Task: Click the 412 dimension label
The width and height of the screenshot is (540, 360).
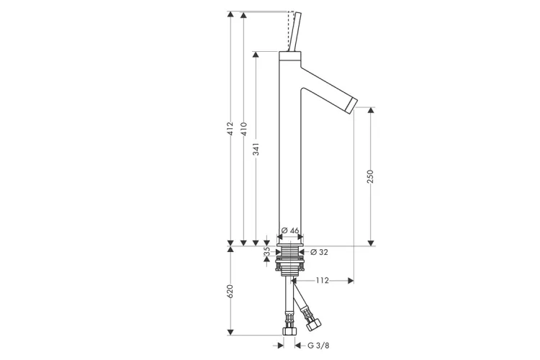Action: coord(230,128)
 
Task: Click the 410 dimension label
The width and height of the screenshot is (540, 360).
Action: coord(243,128)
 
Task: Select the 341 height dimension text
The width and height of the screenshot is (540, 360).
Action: coord(256,149)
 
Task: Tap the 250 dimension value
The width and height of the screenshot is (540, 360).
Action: coord(371,176)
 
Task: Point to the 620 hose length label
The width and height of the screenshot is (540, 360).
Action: coord(230,292)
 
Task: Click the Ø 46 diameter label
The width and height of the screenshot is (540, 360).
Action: coord(290,230)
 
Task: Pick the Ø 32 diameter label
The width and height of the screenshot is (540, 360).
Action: coord(319,252)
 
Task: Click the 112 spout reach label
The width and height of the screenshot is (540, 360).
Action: coord(323,280)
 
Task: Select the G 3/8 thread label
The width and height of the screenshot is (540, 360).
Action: coord(318,345)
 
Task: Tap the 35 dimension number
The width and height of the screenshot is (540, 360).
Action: coord(267,252)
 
